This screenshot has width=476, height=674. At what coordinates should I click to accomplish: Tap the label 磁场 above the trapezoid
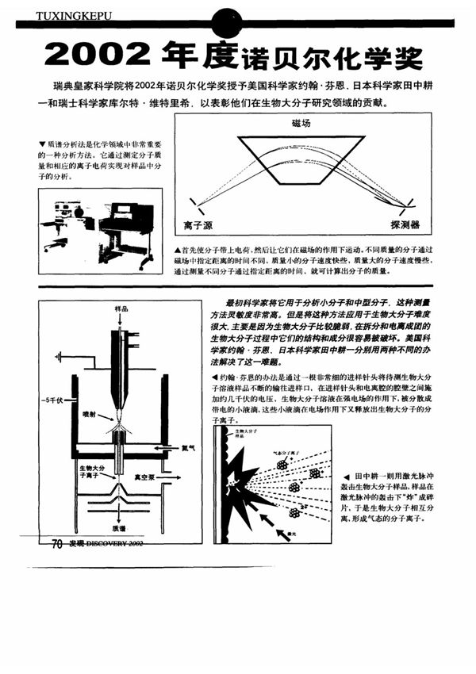(301, 124)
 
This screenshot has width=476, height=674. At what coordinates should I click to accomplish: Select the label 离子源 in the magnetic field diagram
(197, 225)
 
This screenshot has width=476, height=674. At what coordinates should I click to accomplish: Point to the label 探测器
(405, 224)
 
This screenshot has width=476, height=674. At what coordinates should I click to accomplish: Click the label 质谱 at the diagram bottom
(118, 526)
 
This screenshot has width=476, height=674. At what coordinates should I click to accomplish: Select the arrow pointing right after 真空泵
(169, 478)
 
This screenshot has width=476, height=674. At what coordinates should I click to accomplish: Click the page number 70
(56, 543)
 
